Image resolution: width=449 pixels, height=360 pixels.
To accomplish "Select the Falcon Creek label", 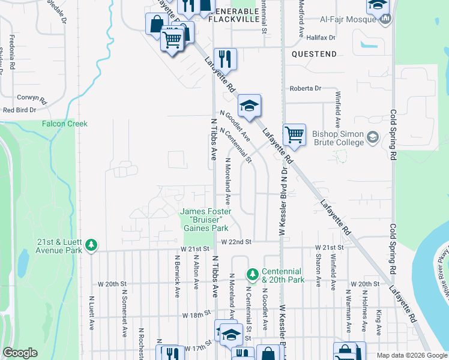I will tap(64, 124).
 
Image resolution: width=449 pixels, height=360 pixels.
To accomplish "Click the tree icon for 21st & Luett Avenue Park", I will tap(91, 245).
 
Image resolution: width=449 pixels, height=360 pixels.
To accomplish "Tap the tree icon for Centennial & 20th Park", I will tap(253, 274).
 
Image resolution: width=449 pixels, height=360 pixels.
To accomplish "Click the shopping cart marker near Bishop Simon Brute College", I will tap(294, 135).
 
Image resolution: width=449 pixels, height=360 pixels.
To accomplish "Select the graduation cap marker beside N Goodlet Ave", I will tap(249, 106).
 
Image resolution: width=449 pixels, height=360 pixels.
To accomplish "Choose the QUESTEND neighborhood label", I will tap(314, 54).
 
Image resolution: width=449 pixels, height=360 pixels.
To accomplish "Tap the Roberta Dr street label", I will tap(306, 88).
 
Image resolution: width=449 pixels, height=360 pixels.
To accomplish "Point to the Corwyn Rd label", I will tap(32, 97).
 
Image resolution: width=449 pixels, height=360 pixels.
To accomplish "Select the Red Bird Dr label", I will tap(24, 110).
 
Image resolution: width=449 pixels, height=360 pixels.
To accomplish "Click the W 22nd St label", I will tap(235, 242).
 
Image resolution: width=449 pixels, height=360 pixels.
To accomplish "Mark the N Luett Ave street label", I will tap(92, 312).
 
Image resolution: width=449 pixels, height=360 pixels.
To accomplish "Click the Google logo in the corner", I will tap(20, 353).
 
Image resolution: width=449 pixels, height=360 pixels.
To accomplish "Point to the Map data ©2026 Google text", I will tap(412, 355).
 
